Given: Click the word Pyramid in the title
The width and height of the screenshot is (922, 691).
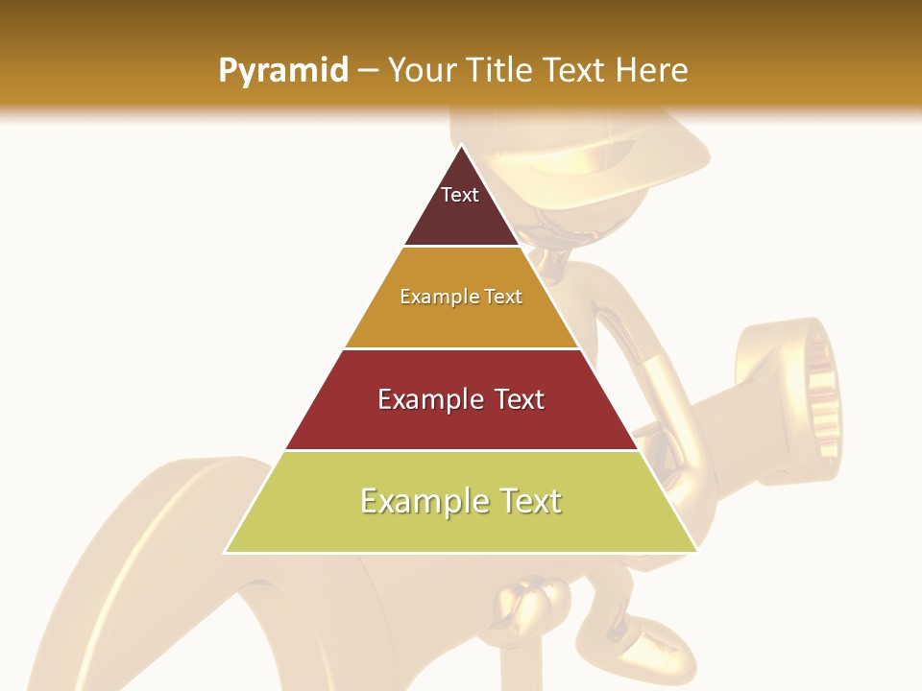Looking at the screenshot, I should [282, 71].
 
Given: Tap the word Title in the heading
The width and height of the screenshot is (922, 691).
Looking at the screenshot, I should [498, 70].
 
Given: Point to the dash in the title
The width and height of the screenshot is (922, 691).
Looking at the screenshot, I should [368, 71].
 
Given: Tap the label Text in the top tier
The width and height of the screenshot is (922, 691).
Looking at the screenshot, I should [459, 195].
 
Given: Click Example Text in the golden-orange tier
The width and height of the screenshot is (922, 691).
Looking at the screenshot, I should [461, 297].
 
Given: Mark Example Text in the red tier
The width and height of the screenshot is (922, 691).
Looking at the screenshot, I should [461, 399].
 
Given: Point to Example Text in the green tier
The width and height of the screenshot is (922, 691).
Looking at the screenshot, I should [461, 501].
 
